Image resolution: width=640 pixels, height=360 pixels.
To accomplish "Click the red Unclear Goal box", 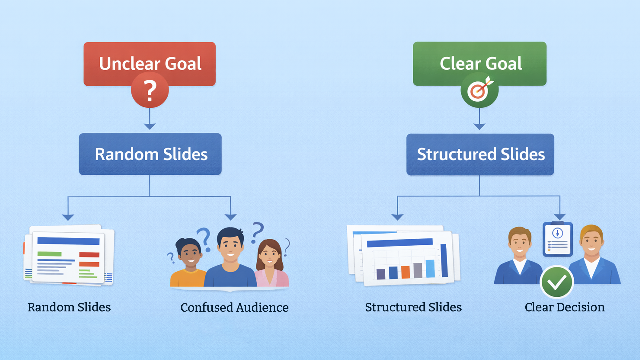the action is tap(150, 64).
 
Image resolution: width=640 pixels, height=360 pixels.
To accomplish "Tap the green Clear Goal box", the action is tap(480, 64).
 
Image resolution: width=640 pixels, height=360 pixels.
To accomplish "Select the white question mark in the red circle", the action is tap(150, 91).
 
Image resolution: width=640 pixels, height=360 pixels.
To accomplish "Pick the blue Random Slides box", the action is tap(150, 154).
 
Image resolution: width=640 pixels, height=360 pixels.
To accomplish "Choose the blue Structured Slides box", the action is tap(480, 154).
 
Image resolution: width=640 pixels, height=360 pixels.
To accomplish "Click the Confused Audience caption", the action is tap(234, 307).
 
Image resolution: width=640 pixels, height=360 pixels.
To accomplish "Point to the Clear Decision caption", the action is tap(565, 307).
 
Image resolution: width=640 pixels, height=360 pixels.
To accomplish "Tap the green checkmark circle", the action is tap(557, 282).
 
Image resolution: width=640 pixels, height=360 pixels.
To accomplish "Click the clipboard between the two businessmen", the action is tap(558, 239).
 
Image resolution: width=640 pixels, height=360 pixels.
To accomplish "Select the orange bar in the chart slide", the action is tap(405, 272).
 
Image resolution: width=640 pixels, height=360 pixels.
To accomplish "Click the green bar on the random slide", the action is tap(49, 254).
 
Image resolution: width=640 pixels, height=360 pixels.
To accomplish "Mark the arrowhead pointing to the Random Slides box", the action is tap(150, 126).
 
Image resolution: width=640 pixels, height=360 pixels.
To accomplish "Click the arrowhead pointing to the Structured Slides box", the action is tap(479, 126).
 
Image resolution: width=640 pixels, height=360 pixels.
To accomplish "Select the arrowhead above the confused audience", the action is tap(231, 217).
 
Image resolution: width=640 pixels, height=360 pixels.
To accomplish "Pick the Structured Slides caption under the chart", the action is tap(413, 307).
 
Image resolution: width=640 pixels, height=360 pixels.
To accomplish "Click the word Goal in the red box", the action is tap(183, 63).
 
